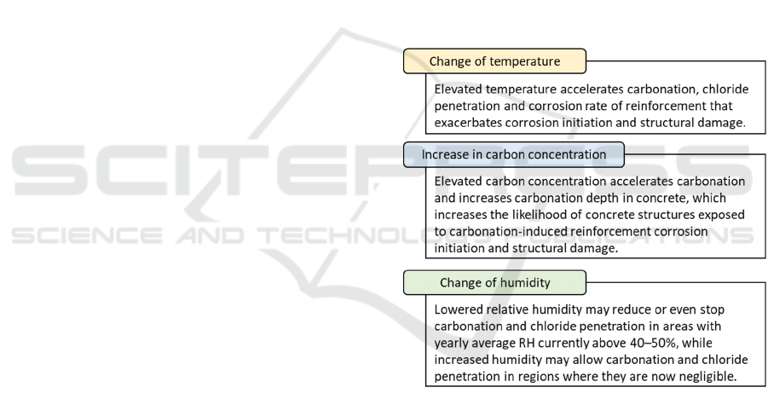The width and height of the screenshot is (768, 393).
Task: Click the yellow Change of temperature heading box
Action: point(494,61)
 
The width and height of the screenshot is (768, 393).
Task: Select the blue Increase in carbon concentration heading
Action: point(514,154)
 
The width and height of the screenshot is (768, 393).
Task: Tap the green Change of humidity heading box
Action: point(494,283)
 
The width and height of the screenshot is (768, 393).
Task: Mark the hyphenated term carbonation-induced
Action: point(505,231)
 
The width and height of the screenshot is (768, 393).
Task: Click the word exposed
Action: point(721,215)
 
